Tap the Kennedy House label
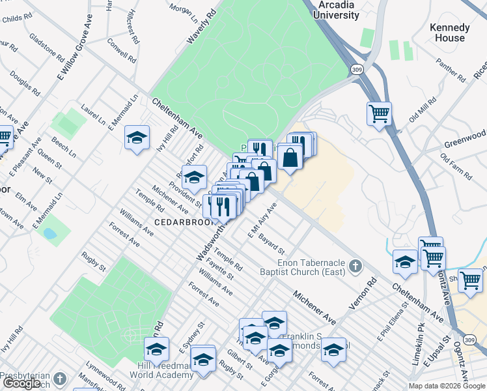tap(449, 33)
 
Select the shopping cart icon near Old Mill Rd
tap(378, 114)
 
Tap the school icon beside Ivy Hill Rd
tap(137, 138)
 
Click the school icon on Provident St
tap(193, 177)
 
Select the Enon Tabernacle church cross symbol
tap(355, 266)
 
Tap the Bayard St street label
tap(271, 245)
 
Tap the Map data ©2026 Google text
tap(447, 386)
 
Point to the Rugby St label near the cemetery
tap(94, 263)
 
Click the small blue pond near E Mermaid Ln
tap(48, 233)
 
